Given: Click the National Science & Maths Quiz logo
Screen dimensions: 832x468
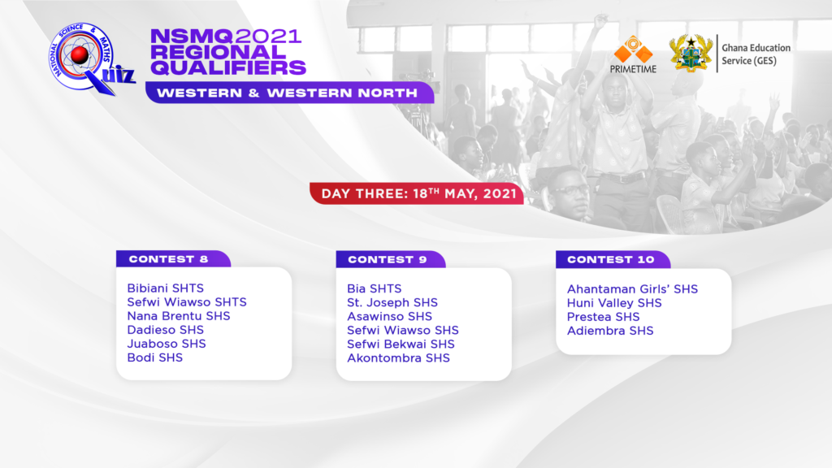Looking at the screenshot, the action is pyautogui.click(x=90, y=58).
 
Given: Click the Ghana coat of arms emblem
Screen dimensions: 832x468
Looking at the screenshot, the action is pyautogui.click(x=691, y=54).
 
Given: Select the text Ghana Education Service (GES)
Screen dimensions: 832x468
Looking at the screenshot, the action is pyautogui.click(x=756, y=54).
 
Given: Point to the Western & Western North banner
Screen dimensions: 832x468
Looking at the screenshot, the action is pyautogui.click(x=290, y=93).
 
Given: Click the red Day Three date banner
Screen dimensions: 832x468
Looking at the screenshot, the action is pyautogui.click(x=417, y=193).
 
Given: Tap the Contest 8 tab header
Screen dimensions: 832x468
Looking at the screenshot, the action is pyautogui.click(x=173, y=259).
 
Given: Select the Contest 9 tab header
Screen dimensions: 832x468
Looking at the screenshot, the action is pyautogui.click(x=391, y=259).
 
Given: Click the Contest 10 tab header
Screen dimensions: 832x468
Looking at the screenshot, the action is pyautogui.click(x=613, y=259).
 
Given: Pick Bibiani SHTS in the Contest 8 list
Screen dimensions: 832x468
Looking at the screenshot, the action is pyautogui.click(x=166, y=288).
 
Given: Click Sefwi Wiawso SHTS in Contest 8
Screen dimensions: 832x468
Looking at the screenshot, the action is pyautogui.click(x=187, y=302).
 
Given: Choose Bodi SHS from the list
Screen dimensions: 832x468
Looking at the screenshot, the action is pyautogui.click(x=155, y=357).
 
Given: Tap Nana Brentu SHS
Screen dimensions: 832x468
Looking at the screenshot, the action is pyautogui.click(x=179, y=316).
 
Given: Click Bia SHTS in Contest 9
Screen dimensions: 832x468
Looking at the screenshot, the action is pyautogui.click(x=374, y=288).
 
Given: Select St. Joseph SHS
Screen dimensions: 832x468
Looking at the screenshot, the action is pyautogui.click(x=392, y=302).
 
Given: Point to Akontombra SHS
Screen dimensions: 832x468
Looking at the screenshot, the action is pyautogui.click(x=398, y=358).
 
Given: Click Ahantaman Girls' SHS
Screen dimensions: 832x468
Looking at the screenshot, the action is pyautogui.click(x=632, y=289).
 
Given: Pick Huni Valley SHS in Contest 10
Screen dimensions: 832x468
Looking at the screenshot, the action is pyautogui.click(x=614, y=303).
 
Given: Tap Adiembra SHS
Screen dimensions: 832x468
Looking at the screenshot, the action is pyautogui.click(x=610, y=331).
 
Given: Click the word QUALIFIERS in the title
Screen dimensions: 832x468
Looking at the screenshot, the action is pyautogui.click(x=228, y=68).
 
